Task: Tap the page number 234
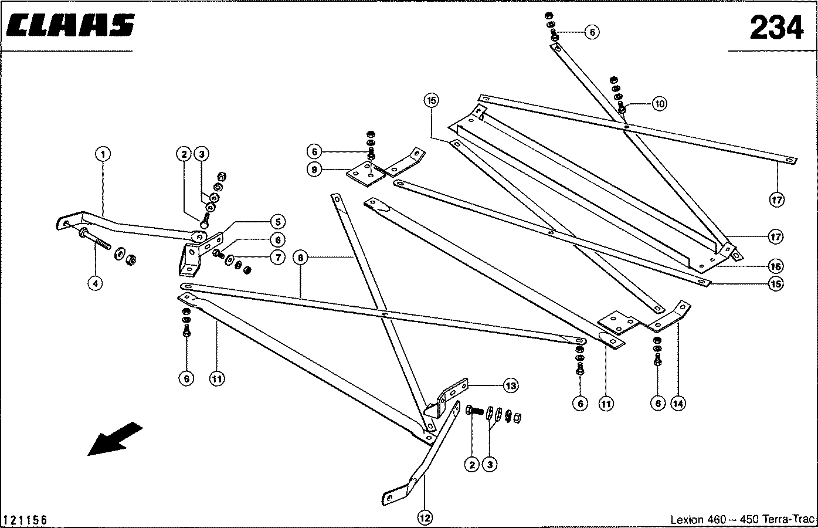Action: [776, 27]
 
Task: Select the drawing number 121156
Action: [25, 520]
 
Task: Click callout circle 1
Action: [103, 154]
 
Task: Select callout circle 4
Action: [95, 283]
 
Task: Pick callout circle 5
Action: [277, 222]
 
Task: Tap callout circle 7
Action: [277, 257]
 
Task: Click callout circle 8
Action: [301, 257]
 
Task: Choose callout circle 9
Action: [315, 170]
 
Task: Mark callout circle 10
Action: [660, 104]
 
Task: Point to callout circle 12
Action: [425, 517]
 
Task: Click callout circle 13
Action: [511, 385]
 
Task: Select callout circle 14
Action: [678, 404]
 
